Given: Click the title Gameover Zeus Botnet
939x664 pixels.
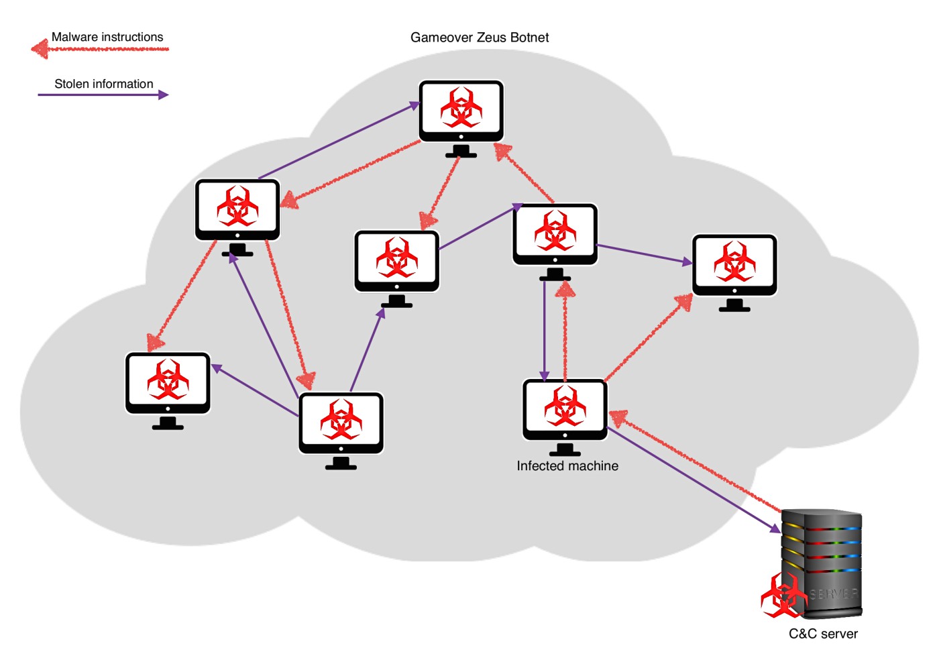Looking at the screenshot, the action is [479, 38].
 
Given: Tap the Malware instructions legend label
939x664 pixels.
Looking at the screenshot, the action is [107, 37].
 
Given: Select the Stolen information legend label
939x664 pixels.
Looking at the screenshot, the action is [104, 84].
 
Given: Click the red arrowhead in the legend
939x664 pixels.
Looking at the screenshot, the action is [40, 49].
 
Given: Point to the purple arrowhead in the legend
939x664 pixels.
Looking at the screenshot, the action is [164, 95].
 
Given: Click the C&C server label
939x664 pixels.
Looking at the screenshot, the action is [823, 633].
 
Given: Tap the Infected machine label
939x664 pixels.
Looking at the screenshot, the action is [567, 465].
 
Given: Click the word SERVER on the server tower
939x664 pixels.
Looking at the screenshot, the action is [833, 594].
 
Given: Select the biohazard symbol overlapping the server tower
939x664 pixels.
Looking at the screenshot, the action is [783, 596].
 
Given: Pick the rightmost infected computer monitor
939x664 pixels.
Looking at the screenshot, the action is [734, 273].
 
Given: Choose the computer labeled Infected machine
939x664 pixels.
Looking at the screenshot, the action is [565, 417].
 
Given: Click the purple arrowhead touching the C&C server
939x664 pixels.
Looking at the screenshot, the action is [775, 528].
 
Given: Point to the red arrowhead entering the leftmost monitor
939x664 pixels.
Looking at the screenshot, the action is [155, 342].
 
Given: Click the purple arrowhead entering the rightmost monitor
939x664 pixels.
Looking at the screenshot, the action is [687, 262].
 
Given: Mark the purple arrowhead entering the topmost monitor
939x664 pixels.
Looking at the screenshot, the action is [415, 105].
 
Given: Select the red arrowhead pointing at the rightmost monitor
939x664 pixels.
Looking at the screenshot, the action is [683, 302].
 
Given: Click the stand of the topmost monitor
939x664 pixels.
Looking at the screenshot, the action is [461, 152].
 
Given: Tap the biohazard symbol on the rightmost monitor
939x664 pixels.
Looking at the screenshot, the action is [734, 261].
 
